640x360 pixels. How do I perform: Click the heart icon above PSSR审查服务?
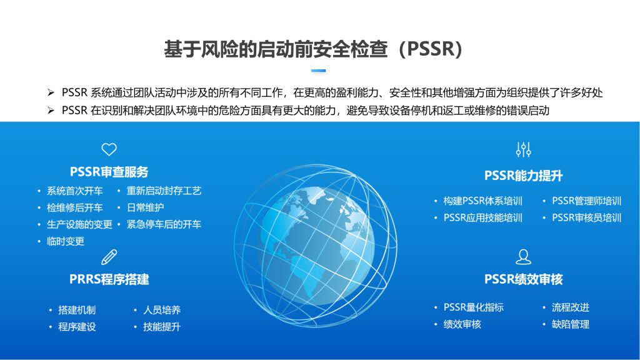[109, 149]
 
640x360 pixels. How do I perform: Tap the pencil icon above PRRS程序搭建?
[109, 257]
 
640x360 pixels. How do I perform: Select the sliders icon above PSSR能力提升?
[523, 150]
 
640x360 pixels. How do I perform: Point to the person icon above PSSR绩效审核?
[523, 257]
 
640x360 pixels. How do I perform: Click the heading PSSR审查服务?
[109, 172]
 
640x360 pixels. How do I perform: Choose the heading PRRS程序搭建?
[109, 279]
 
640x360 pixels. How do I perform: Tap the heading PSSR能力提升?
[523, 176]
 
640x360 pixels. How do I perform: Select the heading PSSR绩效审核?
[523, 279]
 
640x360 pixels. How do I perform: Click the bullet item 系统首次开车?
[75, 191]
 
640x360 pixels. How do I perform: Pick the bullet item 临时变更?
[65, 241]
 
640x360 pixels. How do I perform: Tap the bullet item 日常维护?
[145, 207]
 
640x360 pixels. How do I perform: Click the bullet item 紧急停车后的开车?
[164, 224]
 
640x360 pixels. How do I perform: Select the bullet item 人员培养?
[162, 310]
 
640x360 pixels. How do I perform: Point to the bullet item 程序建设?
[77, 326]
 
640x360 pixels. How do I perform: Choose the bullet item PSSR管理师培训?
[586, 201]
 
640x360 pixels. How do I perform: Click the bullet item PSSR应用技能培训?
[483, 217]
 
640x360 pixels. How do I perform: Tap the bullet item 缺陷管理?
[570, 324]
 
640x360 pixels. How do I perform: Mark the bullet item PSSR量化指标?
[474, 307]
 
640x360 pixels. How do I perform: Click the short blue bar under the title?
[318, 71]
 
